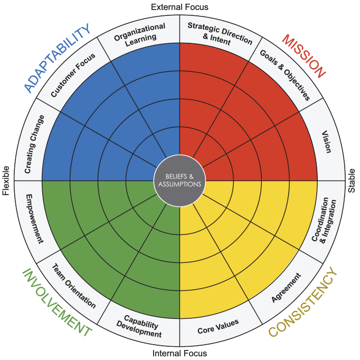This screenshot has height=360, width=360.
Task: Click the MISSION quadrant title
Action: pos(304,56)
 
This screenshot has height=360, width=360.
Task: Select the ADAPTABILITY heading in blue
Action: pos(58,58)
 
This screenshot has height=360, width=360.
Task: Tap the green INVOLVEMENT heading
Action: pos(57,302)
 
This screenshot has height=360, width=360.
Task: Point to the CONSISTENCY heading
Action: pos(302,302)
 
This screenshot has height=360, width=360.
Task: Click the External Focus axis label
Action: pos(179,7)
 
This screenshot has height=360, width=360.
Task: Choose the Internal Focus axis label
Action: pos(179,353)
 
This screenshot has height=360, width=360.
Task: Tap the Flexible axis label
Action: pos(6,181)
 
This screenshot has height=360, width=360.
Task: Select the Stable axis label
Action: pos(352,181)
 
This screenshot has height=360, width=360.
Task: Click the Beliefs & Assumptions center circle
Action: pos(179,181)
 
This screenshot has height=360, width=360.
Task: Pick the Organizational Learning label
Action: pos(140,34)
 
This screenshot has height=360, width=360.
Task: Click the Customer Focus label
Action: pos(73,75)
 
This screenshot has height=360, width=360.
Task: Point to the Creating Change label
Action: pos(34,144)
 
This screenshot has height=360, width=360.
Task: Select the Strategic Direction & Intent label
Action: pos(220,34)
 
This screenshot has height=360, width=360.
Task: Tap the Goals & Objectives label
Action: pos(285,75)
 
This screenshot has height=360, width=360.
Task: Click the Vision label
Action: pos(326,141)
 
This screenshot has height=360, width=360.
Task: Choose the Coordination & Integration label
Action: pos(324,220)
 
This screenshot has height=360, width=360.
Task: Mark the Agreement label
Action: pos(286,288)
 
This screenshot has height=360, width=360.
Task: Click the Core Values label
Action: pos(218,326)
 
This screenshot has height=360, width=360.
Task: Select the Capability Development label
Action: pos(139,326)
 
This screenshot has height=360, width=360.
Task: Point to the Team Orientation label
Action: pos(74,286)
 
